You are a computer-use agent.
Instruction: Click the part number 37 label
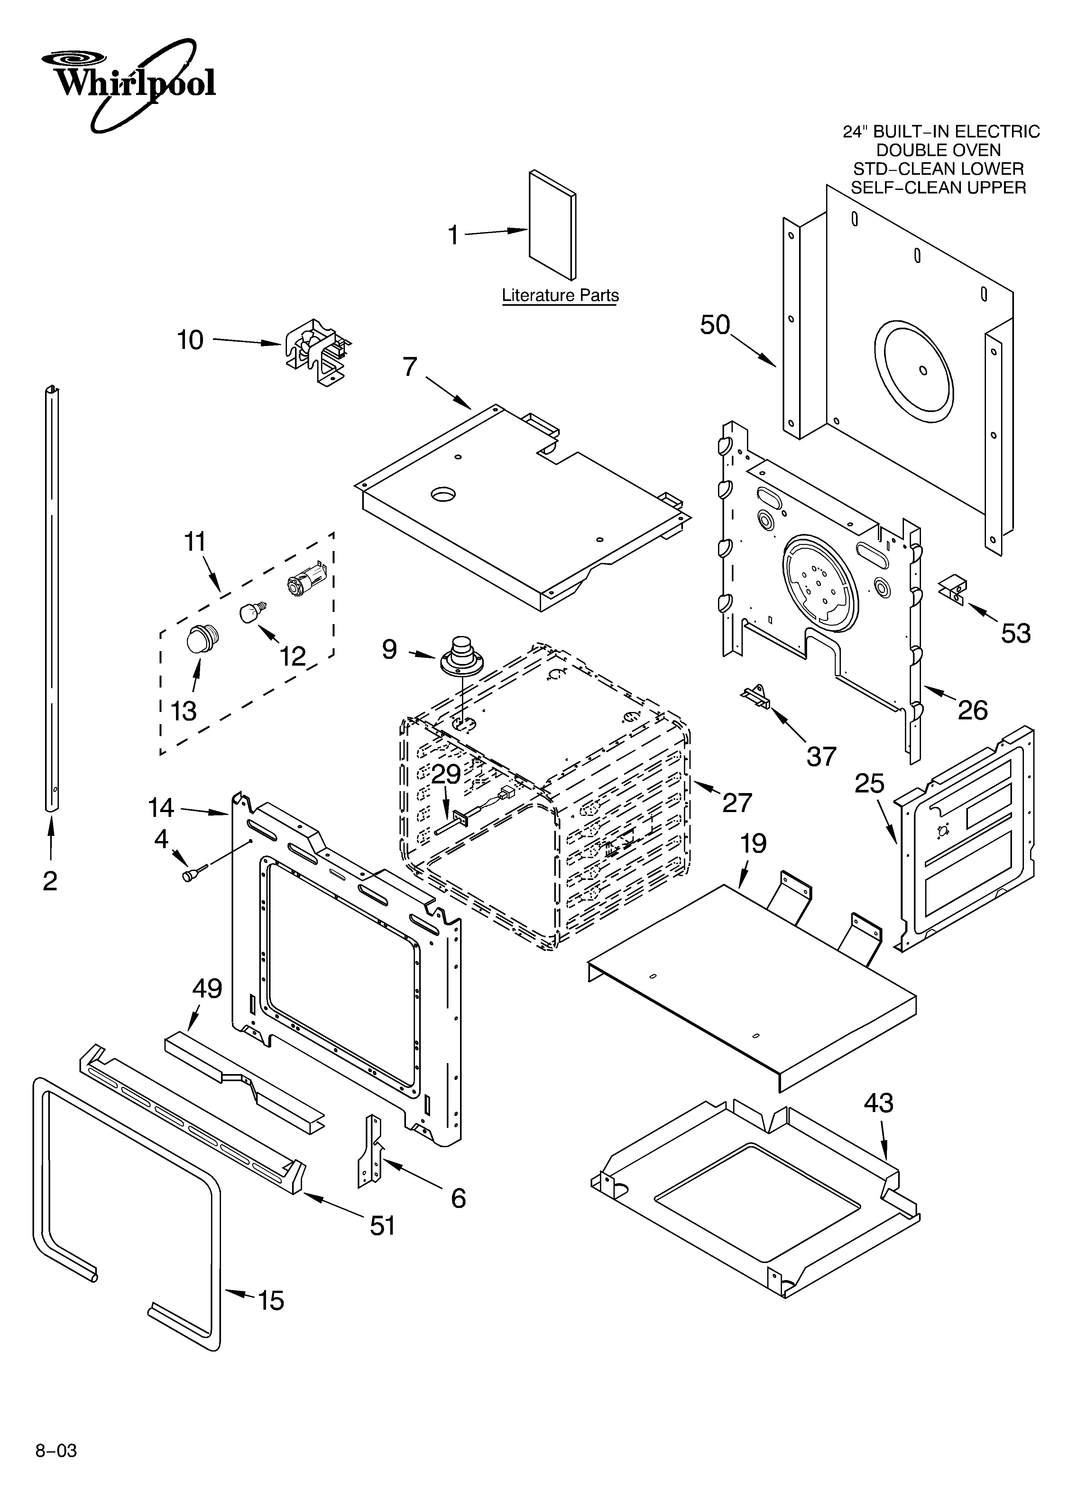click(821, 756)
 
